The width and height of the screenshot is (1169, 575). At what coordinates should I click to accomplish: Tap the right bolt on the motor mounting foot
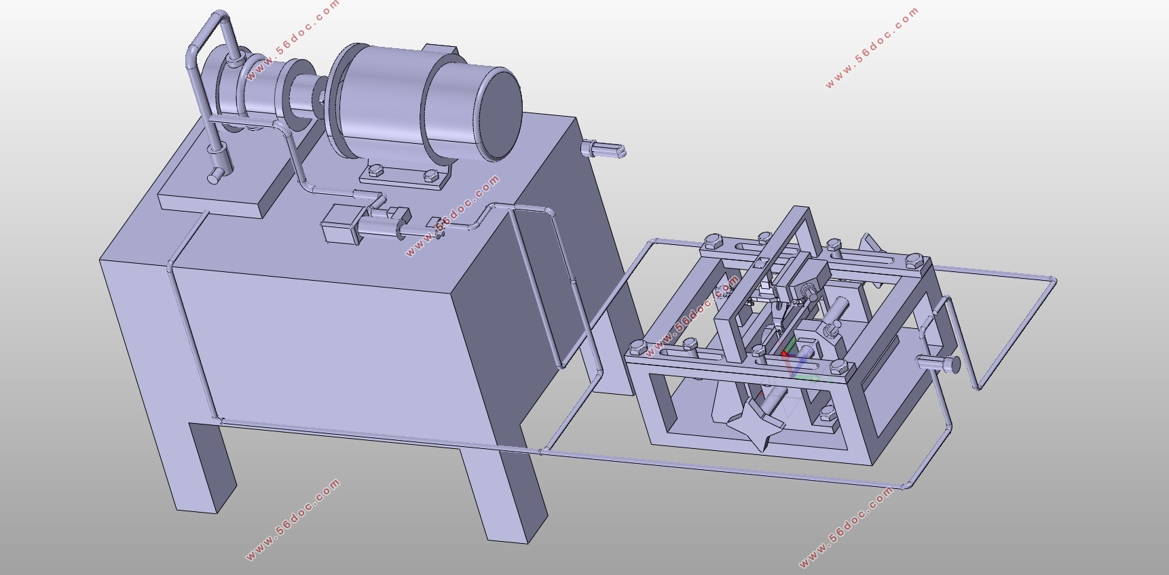tap(429, 176)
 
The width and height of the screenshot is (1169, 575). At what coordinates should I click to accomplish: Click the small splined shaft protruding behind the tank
tap(603, 149)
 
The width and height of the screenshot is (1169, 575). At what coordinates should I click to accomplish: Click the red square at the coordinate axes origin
tap(785, 353)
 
